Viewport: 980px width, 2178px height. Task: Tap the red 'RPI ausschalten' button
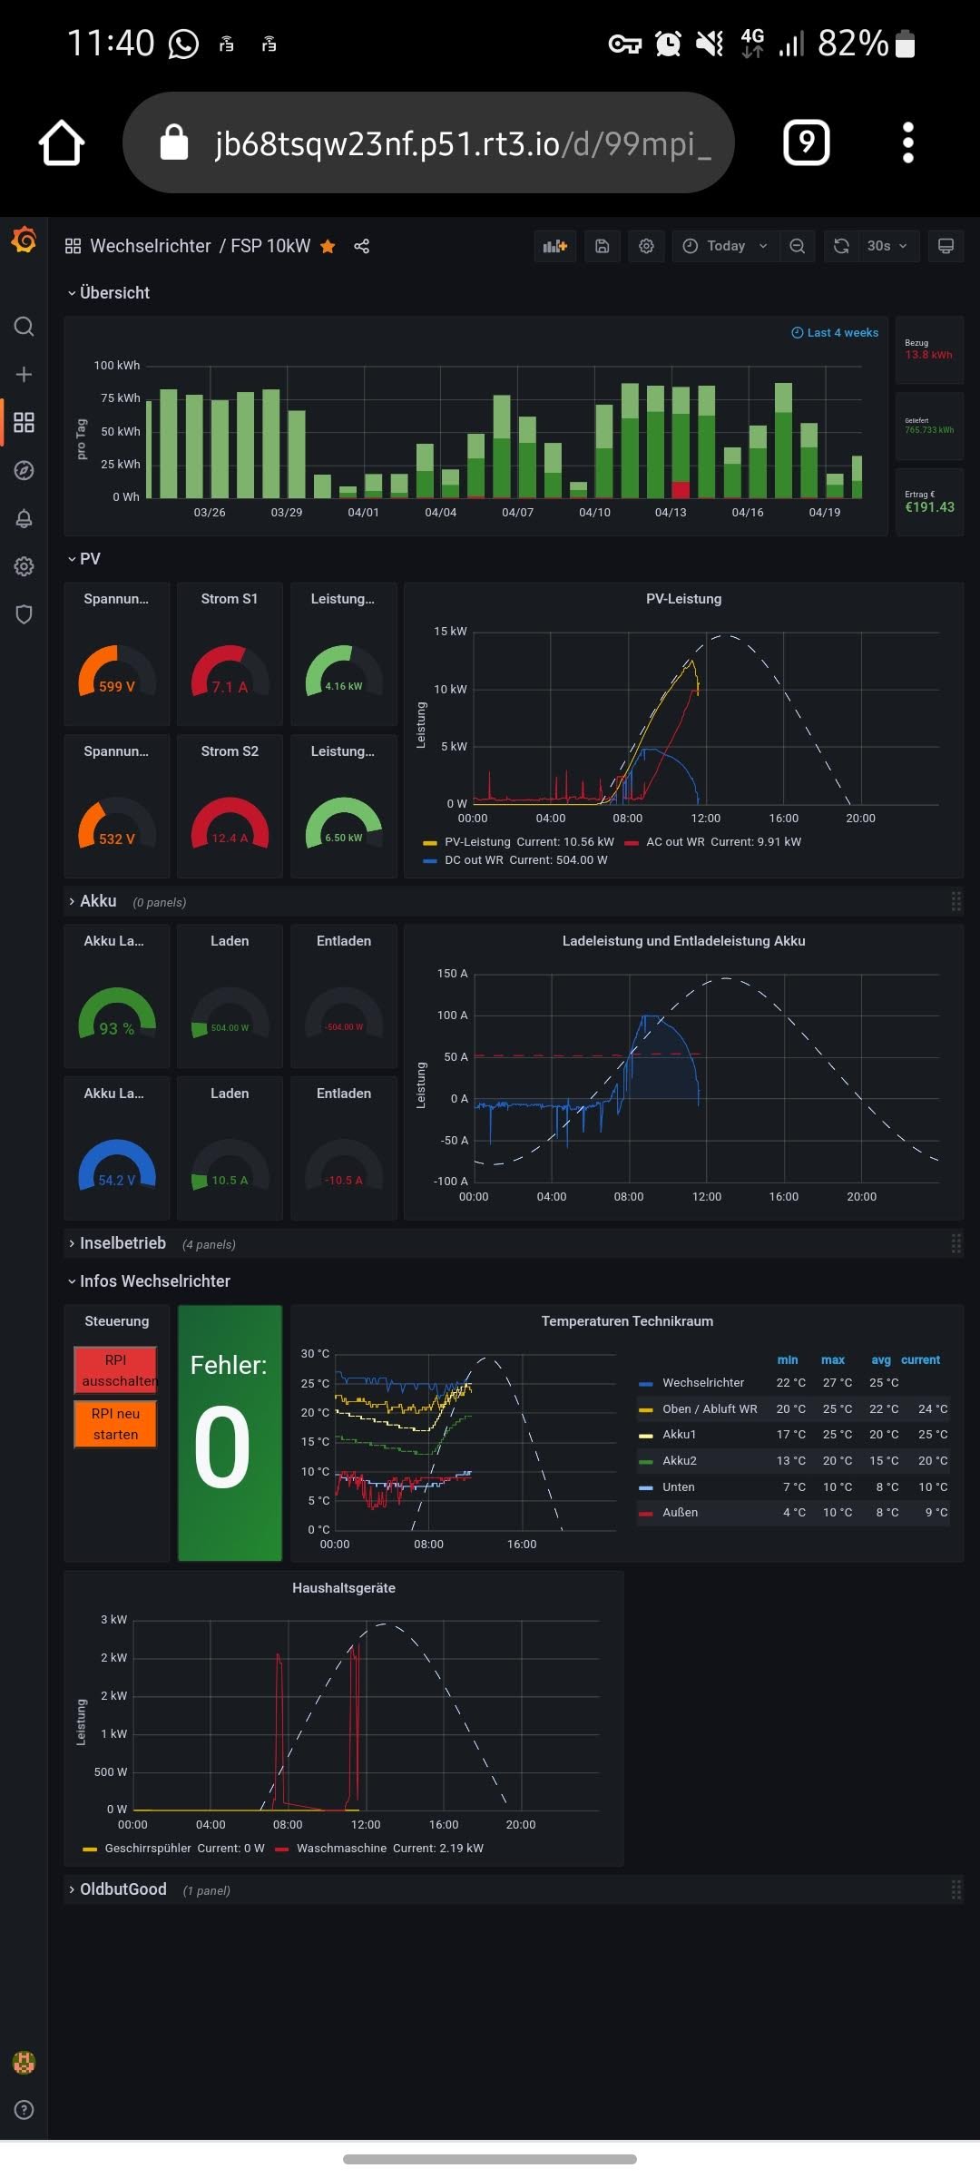click(x=115, y=1370)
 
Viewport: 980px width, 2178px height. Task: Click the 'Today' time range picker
click(x=725, y=246)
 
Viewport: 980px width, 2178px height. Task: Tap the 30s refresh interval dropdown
click(x=886, y=246)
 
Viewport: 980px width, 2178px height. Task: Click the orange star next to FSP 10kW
click(x=328, y=247)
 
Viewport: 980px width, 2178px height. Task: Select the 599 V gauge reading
click(x=117, y=686)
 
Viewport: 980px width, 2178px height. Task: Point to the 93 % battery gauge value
click(x=117, y=1028)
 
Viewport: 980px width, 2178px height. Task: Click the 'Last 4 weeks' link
click(x=835, y=333)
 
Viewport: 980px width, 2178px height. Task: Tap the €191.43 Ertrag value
click(x=929, y=507)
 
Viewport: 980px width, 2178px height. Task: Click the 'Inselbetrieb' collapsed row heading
click(x=122, y=1243)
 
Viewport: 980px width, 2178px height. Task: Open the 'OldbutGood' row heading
click(x=123, y=1889)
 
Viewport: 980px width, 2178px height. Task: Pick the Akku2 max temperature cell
click(x=837, y=1461)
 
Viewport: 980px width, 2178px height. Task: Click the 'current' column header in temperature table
click(x=920, y=1360)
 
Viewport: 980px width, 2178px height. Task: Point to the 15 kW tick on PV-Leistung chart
click(x=450, y=632)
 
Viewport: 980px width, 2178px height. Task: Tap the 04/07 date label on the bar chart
click(x=517, y=513)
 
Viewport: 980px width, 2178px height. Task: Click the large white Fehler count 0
click(x=222, y=1447)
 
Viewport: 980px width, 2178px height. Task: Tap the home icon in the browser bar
click(x=62, y=143)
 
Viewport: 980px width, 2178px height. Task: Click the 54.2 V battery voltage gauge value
click(x=117, y=1181)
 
